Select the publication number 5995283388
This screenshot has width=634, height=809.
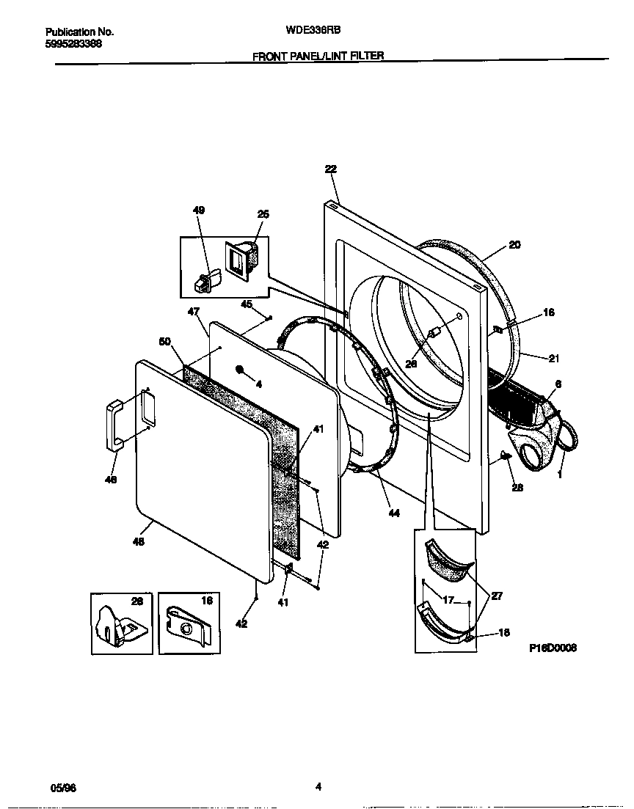[x=73, y=43]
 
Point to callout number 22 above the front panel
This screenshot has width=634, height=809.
[x=330, y=169]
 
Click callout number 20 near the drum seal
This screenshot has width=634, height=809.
[x=514, y=245]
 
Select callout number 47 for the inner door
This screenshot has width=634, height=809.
[x=194, y=312]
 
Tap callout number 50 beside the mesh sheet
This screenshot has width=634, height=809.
[x=165, y=341]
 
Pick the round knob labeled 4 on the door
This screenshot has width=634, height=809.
[x=240, y=369]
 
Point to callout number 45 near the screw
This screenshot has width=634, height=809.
[x=247, y=304]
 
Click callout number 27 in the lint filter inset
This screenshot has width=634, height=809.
[x=497, y=596]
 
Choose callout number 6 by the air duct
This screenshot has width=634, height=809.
[x=558, y=384]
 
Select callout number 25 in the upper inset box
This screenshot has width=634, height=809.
[x=263, y=214]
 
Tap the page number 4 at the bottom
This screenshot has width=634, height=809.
[x=318, y=786]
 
